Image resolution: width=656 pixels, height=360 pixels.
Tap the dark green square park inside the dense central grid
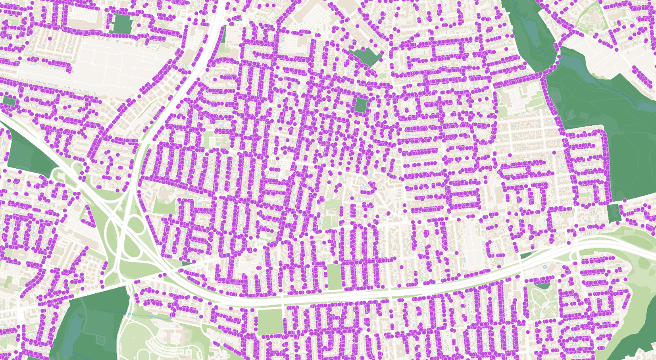point(361,105)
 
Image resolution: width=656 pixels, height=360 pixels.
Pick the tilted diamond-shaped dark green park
point(366,57)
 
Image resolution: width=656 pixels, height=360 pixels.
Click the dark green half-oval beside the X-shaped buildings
point(542,284)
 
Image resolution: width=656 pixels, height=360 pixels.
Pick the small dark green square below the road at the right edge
point(614,212)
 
